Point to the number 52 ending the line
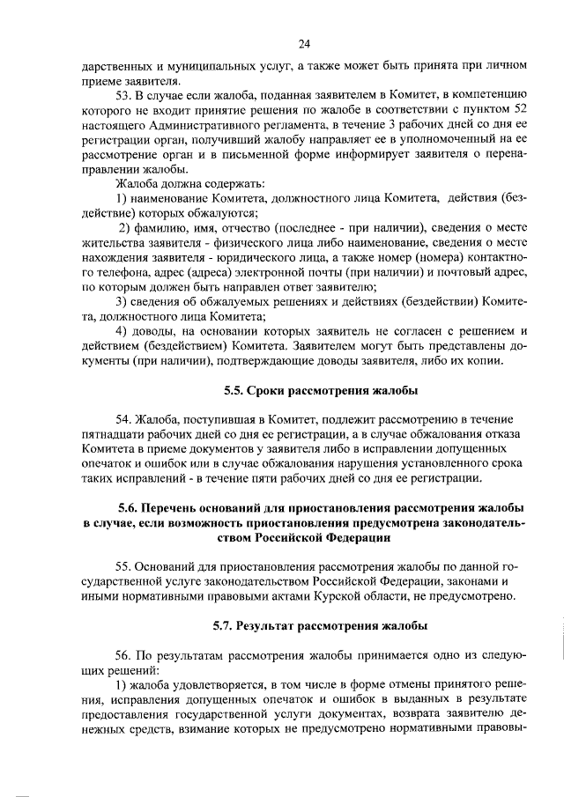519,109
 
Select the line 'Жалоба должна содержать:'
184,182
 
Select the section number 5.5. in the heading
237,389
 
